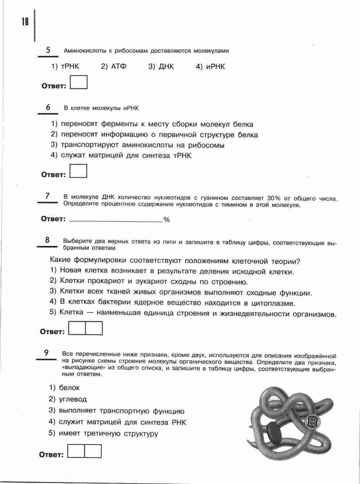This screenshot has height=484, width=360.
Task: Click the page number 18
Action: tap(25, 22)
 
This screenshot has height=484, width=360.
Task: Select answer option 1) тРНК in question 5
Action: tap(66, 66)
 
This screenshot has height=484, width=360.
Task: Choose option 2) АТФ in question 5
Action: tap(114, 66)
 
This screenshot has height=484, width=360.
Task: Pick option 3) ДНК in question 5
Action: tap(161, 66)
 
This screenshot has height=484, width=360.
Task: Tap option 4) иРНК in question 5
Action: tap(211, 66)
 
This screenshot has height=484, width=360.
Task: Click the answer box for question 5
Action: tap(79, 82)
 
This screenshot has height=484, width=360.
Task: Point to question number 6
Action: tap(48, 107)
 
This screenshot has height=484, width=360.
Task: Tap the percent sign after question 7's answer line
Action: tap(167, 220)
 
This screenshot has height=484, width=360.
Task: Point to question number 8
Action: tap(47, 240)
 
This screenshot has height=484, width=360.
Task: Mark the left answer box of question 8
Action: tap(77, 328)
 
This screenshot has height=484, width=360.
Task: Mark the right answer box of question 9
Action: tap(93, 451)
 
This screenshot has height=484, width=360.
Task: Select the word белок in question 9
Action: tap(69, 388)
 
